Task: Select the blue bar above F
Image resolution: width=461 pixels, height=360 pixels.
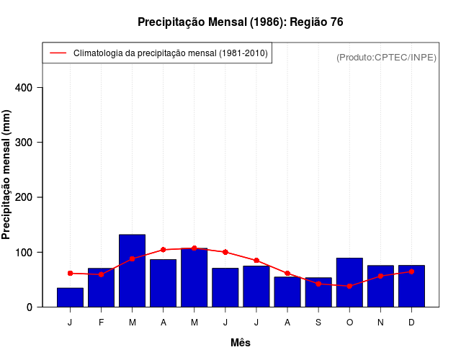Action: (x=101, y=287)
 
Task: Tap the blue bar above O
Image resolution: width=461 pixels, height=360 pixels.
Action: (x=349, y=282)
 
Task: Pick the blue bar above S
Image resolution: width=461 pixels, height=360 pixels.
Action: (x=318, y=292)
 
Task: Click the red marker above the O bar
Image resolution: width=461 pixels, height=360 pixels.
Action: (x=349, y=286)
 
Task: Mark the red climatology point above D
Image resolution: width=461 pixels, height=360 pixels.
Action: (x=411, y=271)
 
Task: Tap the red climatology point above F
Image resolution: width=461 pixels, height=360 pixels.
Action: (x=101, y=274)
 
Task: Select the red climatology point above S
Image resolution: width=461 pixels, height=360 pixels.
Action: (x=318, y=284)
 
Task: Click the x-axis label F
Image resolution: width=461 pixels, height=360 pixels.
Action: (x=101, y=323)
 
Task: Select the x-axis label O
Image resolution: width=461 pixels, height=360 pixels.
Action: (x=349, y=323)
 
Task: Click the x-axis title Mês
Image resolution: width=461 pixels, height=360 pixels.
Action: (x=241, y=343)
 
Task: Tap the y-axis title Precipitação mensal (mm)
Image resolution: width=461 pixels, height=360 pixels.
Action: (x=7, y=175)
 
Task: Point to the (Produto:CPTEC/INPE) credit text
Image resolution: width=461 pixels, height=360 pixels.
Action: (x=386, y=57)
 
